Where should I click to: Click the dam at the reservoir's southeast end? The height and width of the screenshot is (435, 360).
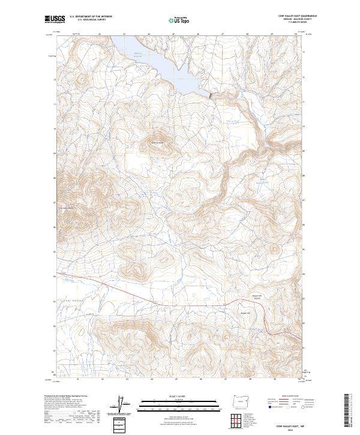(211, 95)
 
